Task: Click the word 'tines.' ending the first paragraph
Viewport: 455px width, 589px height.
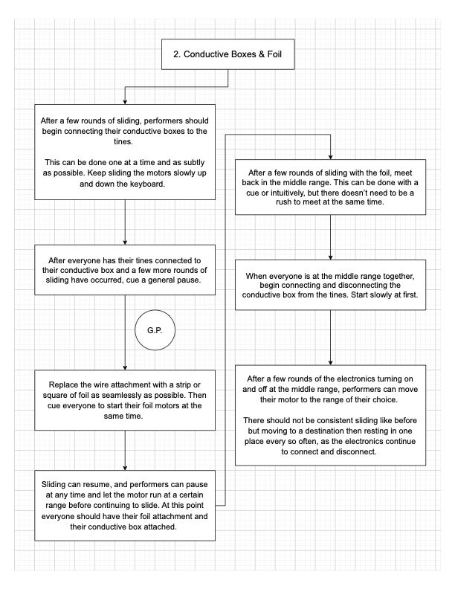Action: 125,142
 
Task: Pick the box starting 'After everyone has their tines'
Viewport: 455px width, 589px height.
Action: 125,275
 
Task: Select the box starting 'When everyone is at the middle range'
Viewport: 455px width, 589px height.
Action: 331,285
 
